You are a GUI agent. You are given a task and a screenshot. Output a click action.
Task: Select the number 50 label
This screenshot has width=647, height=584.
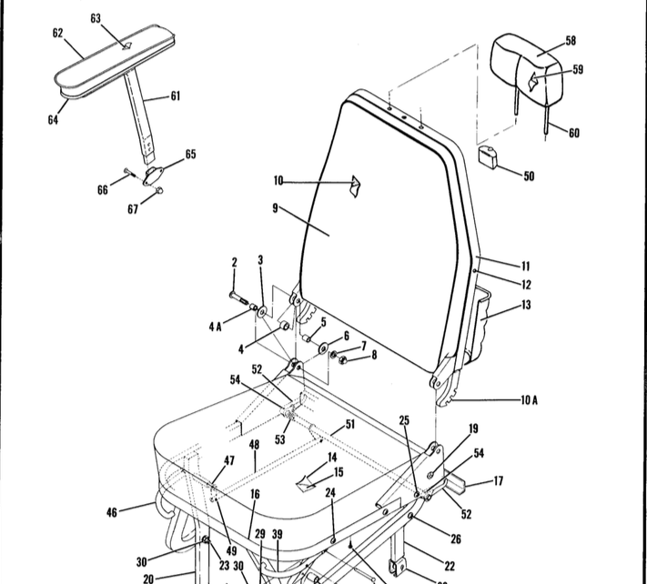click(x=529, y=176)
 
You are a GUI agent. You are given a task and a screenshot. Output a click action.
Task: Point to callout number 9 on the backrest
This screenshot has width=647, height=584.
click(x=274, y=207)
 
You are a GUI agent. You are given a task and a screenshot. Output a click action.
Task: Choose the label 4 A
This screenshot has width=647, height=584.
click(x=215, y=326)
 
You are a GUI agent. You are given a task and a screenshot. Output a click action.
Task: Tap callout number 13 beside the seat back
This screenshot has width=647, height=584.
click(x=526, y=306)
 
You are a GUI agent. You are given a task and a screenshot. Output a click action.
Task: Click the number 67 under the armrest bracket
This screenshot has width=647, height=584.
click(x=134, y=209)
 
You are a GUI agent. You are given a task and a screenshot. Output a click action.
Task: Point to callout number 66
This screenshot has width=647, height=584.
click(x=103, y=189)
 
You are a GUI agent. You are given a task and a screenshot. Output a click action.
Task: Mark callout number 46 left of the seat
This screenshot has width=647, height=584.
click(x=112, y=512)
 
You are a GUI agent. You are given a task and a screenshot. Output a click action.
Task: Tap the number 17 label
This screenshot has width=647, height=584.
click(x=497, y=480)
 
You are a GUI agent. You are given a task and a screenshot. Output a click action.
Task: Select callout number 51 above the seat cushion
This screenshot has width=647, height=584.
click(x=349, y=424)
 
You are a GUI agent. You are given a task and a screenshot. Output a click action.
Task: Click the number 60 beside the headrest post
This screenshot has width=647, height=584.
click(x=573, y=134)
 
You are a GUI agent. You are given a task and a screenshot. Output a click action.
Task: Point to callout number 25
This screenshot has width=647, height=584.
click(x=404, y=420)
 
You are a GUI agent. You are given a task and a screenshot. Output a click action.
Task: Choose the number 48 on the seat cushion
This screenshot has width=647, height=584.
click(x=254, y=445)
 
